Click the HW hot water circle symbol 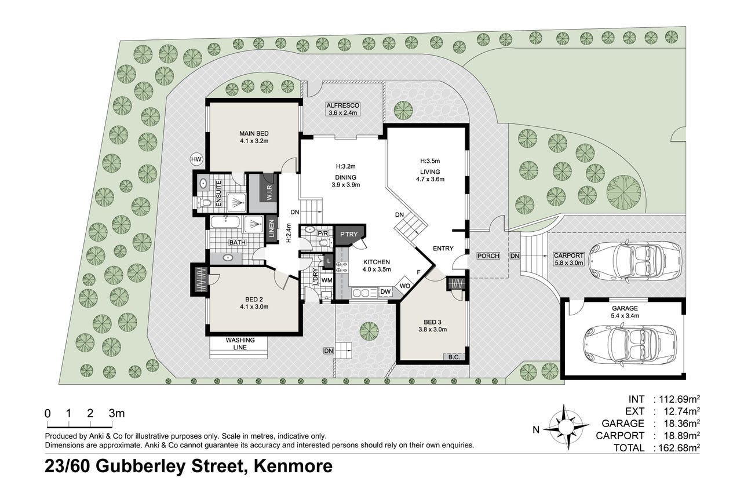[x=196, y=159]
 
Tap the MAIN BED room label [x=254, y=133]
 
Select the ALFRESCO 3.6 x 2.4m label [x=343, y=109]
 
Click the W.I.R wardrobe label [x=269, y=192]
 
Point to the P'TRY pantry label [x=349, y=234]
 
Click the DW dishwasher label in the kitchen [x=385, y=291]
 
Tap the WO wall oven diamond [x=404, y=286]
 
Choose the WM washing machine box [x=327, y=280]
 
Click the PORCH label [x=488, y=256]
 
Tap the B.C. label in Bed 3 [x=454, y=358]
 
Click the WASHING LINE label [x=240, y=344]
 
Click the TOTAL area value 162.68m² [x=677, y=447]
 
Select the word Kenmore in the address [x=293, y=466]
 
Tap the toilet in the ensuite [x=203, y=202]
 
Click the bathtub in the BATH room [x=225, y=223]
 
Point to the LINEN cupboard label [x=271, y=229]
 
